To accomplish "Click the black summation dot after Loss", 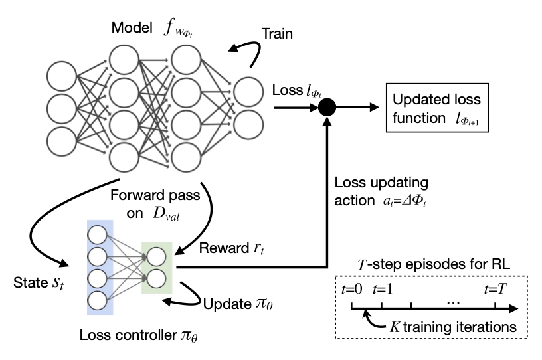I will [326, 107].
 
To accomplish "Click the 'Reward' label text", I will [221, 248].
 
